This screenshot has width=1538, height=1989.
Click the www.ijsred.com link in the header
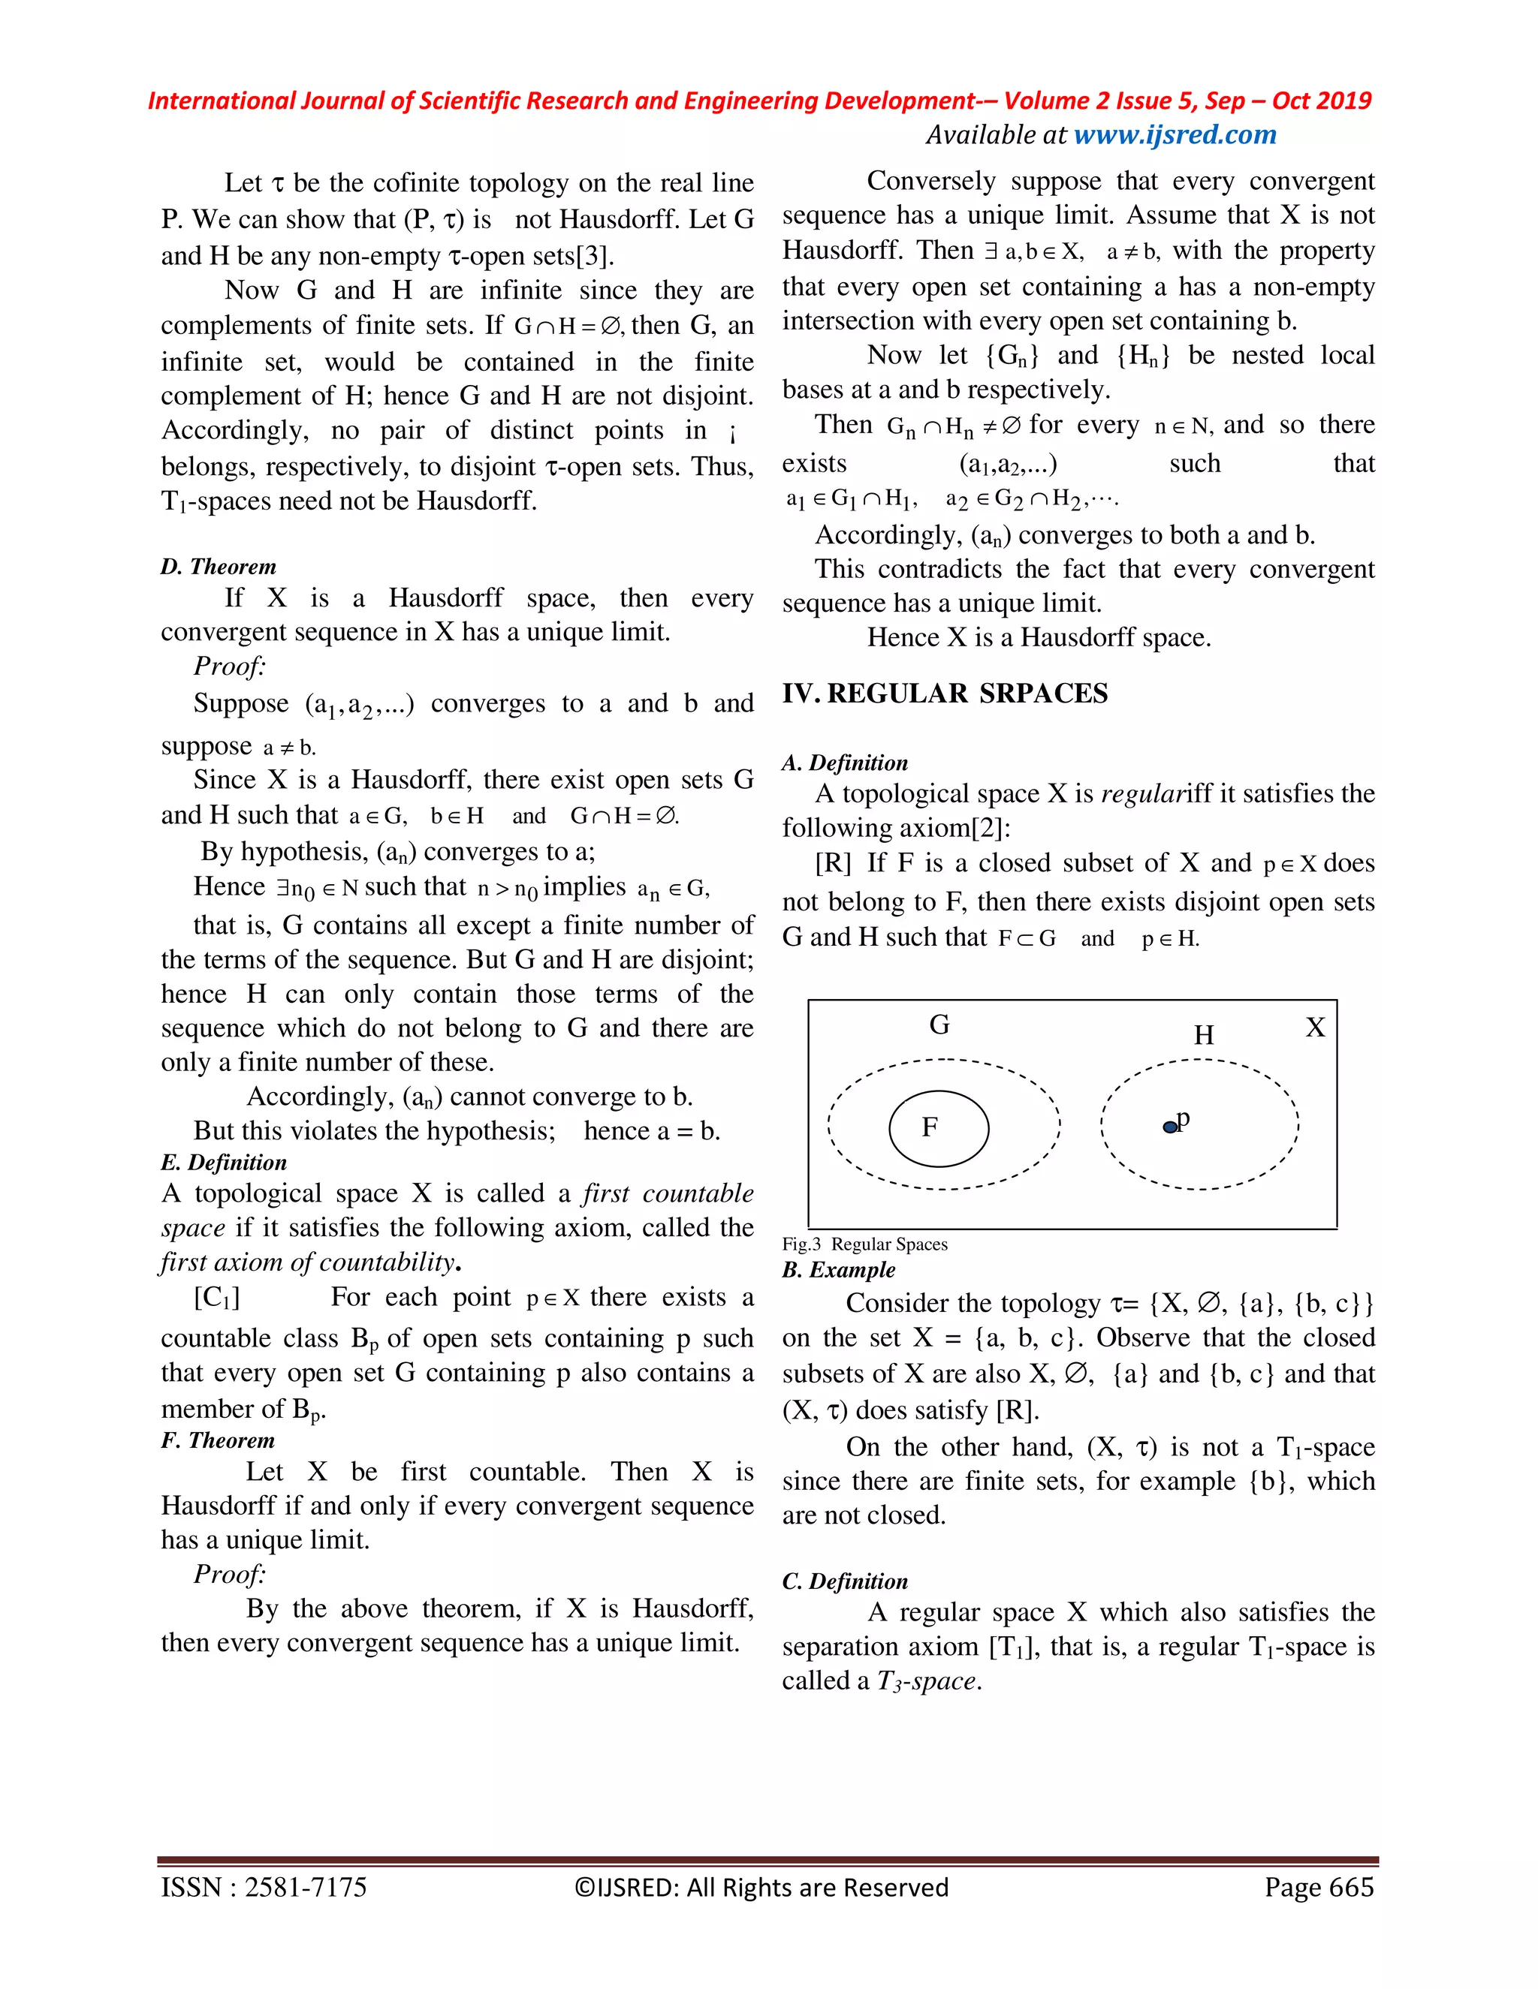(x=1175, y=135)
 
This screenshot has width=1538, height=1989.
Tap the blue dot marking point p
(x=1170, y=1127)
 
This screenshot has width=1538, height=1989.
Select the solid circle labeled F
(x=939, y=1128)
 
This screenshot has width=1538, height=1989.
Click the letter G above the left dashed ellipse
(x=939, y=1025)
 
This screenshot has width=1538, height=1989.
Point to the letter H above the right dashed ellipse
(x=1204, y=1036)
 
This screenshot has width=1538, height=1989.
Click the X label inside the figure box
(x=1315, y=1028)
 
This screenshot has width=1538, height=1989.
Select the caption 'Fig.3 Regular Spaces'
(x=864, y=1244)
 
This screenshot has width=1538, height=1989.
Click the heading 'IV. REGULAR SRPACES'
(x=945, y=694)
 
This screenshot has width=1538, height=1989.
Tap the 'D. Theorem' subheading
(x=219, y=567)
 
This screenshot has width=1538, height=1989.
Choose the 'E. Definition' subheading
(x=224, y=1162)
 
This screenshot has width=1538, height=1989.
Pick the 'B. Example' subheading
(x=838, y=1269)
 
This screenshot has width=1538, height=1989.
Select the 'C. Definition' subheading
(x=845, y=1581)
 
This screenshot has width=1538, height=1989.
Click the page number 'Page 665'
(x=1319, y=1887)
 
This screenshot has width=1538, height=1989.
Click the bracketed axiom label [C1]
(x=217, y=1297)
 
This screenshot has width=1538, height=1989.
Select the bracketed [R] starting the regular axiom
(x=833, y=862)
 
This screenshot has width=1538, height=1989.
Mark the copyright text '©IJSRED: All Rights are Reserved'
(x=761, y=1887)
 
